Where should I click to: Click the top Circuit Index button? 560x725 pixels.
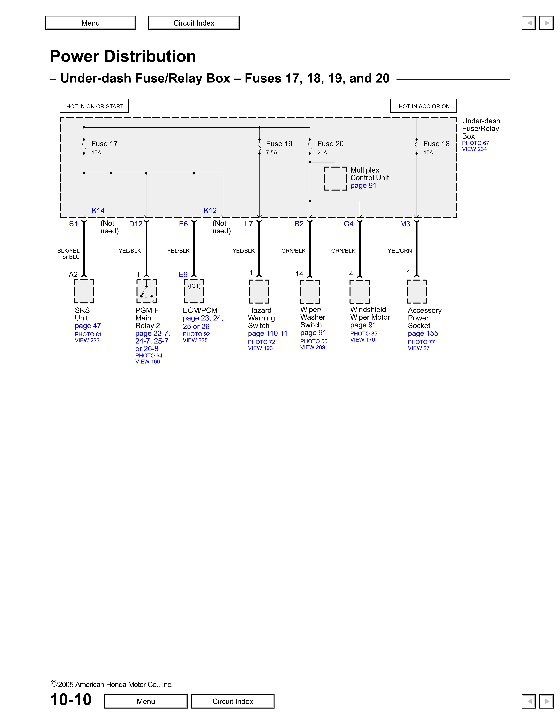point(194,23)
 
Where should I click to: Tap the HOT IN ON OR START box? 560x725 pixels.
point(95,106)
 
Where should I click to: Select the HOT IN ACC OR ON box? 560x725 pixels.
point(424,106)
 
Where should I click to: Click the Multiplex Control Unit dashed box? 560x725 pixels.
point(335,179)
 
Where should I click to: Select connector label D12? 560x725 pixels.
point(136,224)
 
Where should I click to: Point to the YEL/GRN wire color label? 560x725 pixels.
point(400,251)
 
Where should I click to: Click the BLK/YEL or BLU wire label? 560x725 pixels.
point(69,254)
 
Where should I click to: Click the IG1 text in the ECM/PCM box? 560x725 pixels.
point(194,286)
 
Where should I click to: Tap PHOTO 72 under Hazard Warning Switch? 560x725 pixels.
point(261,342)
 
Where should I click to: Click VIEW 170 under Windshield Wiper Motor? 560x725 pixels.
point(363,340)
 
